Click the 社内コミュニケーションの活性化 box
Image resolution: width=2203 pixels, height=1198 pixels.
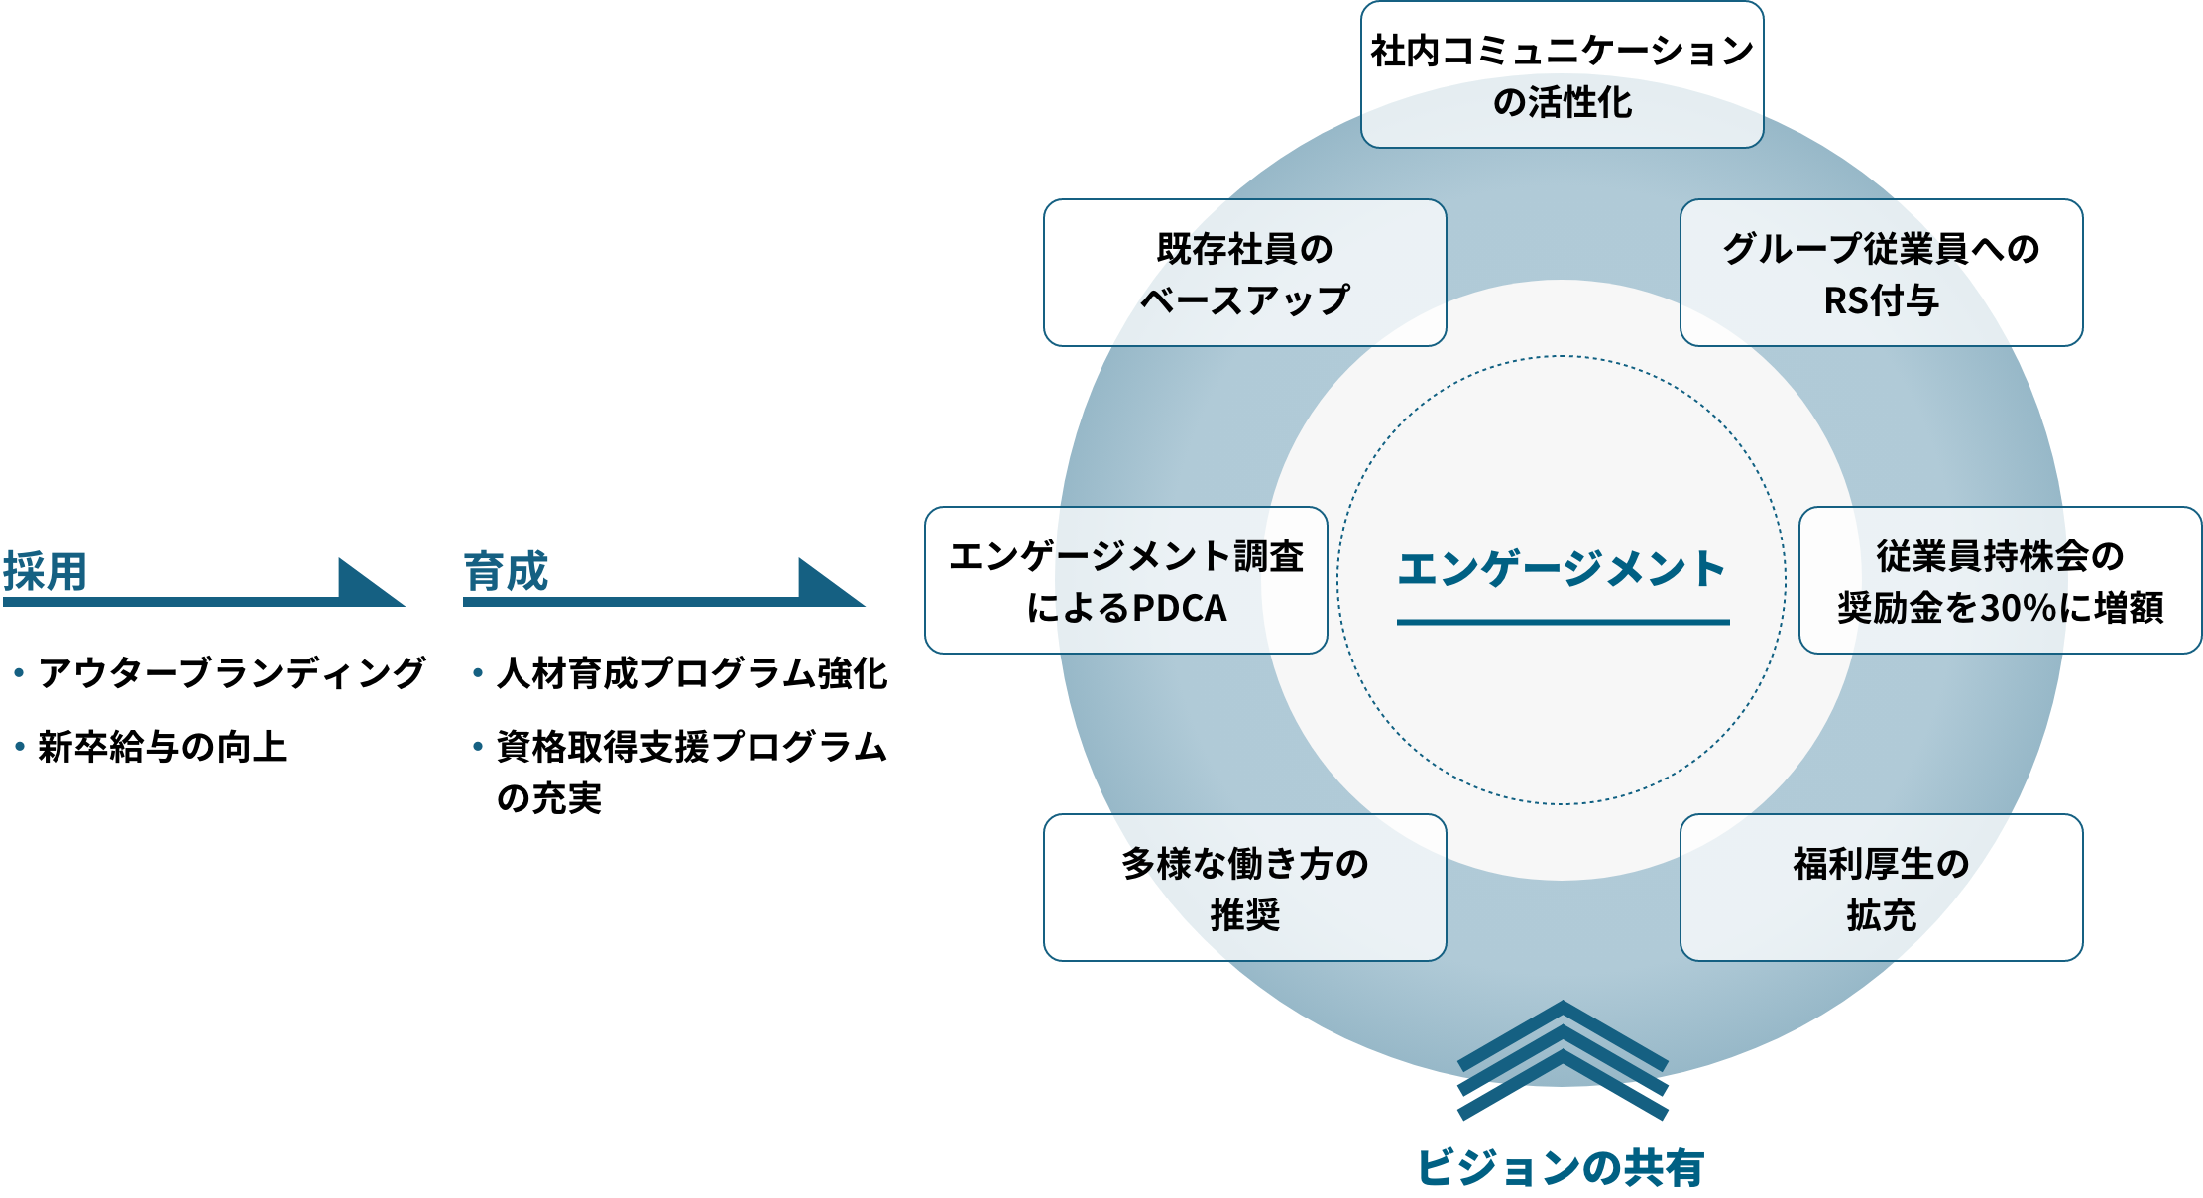click(1562, 75)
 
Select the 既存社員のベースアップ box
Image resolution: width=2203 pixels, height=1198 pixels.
click(1244, 273)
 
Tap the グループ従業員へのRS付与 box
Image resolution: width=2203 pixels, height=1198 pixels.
click(1881, 273)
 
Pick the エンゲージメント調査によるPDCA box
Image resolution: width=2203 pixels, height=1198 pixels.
click(1125, 580)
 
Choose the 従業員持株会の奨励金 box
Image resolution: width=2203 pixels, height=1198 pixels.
click(2000, 580)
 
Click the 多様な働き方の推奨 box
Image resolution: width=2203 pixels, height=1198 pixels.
click(1244, 888)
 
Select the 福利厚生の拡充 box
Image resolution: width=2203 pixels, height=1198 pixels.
click(1881, 888)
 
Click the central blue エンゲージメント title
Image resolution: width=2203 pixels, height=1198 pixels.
click(1562, 569)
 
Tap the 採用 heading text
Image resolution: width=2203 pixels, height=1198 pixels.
click(45, 571)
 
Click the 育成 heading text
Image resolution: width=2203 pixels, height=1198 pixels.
click(506, 571)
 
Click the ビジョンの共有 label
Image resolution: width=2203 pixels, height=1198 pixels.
click(1561, 1167)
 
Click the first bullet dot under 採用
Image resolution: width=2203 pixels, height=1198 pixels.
click(19, 672)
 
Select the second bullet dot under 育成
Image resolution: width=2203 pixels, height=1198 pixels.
click(478, 746)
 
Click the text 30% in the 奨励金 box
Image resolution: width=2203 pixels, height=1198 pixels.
click(2019, 608)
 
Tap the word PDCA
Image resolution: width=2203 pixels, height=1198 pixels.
click(1179, 608)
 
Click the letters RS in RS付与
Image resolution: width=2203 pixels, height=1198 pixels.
click(1846, 300)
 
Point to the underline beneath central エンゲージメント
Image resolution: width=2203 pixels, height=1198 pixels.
click(1563, 622)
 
